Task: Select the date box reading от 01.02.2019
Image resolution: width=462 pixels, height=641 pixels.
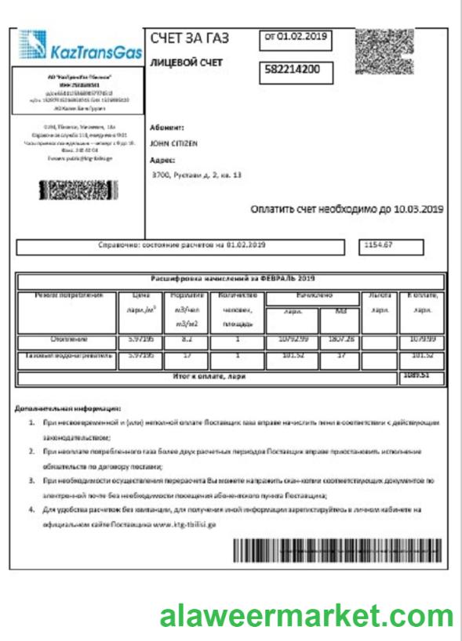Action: (x=295, y=37)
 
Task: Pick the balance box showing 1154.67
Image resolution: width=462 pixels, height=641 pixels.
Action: (x=390, y=246)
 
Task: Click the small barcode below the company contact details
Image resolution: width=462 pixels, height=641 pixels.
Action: (x=77, y=190)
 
